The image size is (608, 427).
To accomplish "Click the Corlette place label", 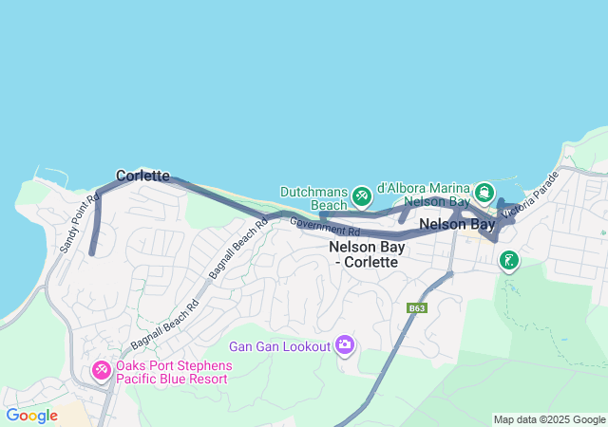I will (x=142, y=176).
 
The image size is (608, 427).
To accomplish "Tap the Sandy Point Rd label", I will (x=79, y=224).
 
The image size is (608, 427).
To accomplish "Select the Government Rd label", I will (x=325, y=227).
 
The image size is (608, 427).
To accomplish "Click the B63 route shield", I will (x=417, y=308).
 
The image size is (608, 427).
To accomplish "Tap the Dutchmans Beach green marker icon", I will (x=361, y=196).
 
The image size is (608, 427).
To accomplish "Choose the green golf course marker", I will (x=509, y=259).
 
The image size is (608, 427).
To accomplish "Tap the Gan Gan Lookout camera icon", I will (x=344, y=345).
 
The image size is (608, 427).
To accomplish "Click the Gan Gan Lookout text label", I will (x=279, y=346).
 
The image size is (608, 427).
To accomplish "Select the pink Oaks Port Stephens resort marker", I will (x=101, y=369).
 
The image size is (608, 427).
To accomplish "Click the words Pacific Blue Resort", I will (x=172, y=379).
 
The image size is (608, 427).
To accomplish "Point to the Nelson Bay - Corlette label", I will (x=367, y=253).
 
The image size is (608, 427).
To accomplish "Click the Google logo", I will (x=31, y=416).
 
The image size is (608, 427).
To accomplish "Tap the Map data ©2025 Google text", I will (x=549, y=419).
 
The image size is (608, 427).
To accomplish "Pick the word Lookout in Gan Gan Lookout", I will (x=303, y=346).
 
